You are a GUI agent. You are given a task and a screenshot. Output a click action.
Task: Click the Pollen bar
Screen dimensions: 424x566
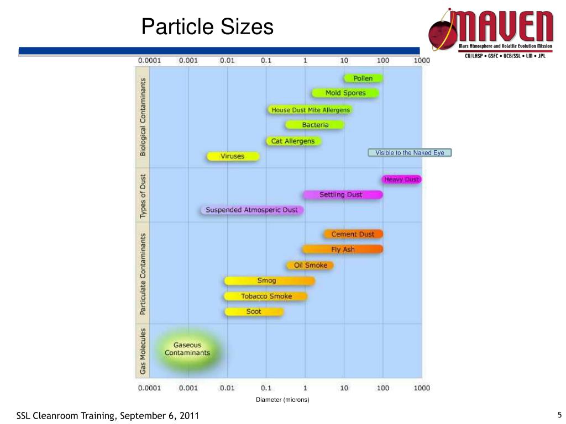click(x=363, y=78)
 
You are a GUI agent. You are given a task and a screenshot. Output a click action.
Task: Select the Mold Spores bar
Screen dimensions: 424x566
click(x=345, y=93)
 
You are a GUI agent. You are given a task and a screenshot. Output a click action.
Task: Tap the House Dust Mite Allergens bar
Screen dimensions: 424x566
click(x=310, y=110)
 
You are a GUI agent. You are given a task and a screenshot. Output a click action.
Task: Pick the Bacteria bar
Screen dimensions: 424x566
click(x=315, y=125)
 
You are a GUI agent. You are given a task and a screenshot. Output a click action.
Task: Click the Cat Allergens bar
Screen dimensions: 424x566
click(x=293, y=141)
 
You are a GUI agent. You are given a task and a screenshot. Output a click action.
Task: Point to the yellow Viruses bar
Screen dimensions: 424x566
click(x=233, y=156)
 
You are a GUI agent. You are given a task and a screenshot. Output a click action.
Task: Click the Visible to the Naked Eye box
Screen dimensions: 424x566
click(x=410, y=153)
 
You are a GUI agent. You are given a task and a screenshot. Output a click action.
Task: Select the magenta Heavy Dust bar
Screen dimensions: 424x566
click(x=402, y=179)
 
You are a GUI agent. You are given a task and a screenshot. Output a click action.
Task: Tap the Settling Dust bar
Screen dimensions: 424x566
click(x=342, y=194)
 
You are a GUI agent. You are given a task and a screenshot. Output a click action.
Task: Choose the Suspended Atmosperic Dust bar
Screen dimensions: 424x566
click(x=252, y=210)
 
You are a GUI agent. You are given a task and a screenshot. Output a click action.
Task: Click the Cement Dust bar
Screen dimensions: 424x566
click(x=353, y=234)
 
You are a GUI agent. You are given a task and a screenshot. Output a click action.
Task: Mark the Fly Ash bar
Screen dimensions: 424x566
click(x=343, y=249)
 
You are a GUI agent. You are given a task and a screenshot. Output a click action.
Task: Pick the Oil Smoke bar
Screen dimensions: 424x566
click(x=310, y=265)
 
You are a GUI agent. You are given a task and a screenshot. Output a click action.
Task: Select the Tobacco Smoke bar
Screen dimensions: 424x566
click(x=266, y=296)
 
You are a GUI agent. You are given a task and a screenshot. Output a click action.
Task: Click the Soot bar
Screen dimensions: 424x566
click(x=254, y=311)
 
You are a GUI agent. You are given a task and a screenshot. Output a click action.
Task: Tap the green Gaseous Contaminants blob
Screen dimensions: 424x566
click(x=188, y=349)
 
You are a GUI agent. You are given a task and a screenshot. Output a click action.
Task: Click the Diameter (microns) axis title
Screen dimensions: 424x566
click(x=282, y=400)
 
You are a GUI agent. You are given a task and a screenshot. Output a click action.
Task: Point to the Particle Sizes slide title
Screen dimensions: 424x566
click(x=207, y=26)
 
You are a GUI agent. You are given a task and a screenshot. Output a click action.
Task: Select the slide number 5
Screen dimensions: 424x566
click(x=559, y=415)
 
